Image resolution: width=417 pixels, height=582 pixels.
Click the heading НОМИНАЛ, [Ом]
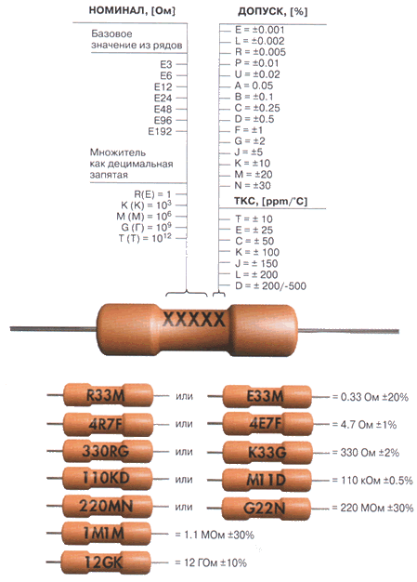(132, 10)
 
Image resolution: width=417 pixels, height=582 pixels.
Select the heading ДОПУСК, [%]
(272, 11)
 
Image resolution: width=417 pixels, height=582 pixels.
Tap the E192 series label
(160, 131)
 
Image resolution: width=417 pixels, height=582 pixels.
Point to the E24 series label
(163, 98)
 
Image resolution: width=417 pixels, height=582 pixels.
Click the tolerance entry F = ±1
(249, 130)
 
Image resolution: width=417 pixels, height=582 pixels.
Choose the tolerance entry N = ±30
(253, 185)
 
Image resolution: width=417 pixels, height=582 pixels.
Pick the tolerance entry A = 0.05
(254, 86)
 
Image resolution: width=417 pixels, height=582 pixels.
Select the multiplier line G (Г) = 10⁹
(147, 227)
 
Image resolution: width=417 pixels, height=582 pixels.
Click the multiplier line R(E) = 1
(152, 194)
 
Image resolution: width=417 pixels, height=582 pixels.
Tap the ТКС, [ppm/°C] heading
(270, 201)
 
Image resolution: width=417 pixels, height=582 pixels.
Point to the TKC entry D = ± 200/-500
(270, 285)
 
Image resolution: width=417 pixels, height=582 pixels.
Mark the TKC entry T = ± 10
(254, 219)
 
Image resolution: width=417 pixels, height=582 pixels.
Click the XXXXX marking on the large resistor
(194, 319)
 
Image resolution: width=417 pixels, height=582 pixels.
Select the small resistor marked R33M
(108, 395)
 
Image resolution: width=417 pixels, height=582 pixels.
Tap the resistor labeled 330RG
(108, 451)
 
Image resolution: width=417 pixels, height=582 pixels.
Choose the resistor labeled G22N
(267, 509)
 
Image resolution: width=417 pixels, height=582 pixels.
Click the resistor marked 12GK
(106, 562)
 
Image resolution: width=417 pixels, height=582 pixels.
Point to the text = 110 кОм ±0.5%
(372, 481)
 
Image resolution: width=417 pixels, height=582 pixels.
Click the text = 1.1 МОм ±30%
(215, 535)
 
